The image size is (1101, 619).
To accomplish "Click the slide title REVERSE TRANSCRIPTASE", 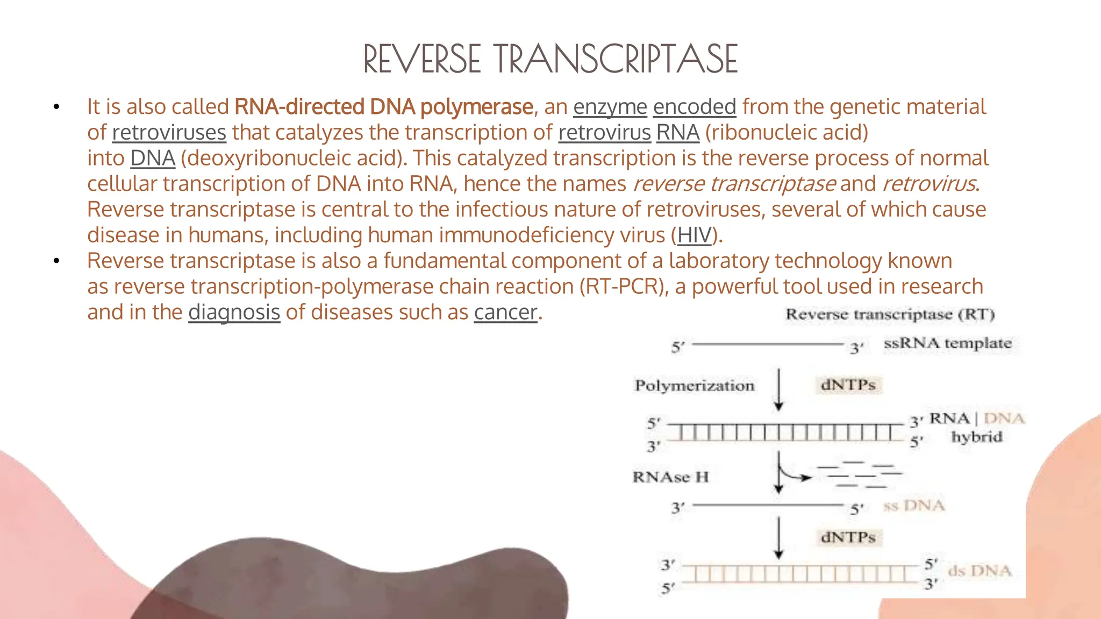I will click(x=550, y=59).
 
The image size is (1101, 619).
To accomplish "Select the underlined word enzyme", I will click(x=610, y=107).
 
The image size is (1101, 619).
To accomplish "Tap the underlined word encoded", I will click(x=694, y=107).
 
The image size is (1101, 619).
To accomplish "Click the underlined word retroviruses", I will click(x=169, y=133).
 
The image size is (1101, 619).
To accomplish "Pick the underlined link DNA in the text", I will click(x=153, y=159).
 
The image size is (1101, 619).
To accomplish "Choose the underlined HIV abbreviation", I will click(x=694, y=235).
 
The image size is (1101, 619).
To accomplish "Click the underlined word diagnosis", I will click(x=234, y=312).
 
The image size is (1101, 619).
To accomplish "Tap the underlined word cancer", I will click(x=505, y=312).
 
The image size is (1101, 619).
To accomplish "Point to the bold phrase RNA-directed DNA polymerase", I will click(x=384, y=107).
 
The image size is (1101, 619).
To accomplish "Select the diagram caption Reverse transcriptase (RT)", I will click(x=890, y=314).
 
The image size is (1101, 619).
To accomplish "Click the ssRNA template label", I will click(x=947, y=343).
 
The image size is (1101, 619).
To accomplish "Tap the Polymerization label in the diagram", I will click(x=695, y=386).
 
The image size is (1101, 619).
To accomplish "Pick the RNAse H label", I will click(x=670, y=477).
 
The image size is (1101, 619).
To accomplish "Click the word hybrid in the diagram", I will click(x=977, y=437).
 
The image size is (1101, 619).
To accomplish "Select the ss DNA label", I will click(x=914, y=506).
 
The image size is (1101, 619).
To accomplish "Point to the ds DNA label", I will click(x=980, y=571).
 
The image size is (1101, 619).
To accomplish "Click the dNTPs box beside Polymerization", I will click(x=848, y=385).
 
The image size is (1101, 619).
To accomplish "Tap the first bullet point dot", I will click(x=56, y=107).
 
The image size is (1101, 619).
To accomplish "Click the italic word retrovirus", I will click(x=929, y=184).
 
